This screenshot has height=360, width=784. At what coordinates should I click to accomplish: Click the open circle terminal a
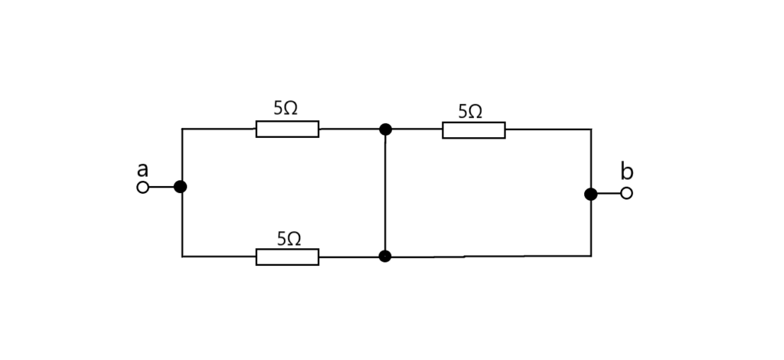pyautogui.click(x=143, y=188)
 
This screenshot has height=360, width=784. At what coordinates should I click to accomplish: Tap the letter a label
pyautogui.click(x=142, y=170)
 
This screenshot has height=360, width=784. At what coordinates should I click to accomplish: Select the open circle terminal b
pyautogui.click(x=626, y=193)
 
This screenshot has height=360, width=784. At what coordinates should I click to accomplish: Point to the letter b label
pyautogui.click(x=626, y=171)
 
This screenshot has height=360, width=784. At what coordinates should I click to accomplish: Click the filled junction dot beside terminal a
pyautogui.click(x=181, y=187)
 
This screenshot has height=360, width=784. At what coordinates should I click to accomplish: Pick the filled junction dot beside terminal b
pyautogui.click(x=591, y=194)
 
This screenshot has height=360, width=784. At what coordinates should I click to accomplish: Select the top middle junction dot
pyautogui.click(x=386, y=129)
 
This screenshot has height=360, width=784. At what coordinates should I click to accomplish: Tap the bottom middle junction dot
pyautogui.click(x=385, y=257)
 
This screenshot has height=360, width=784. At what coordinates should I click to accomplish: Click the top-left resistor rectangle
pyautogui.click(x=288, y=129)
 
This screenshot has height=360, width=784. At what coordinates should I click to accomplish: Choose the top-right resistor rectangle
pyautogui.click(x=473, y=130)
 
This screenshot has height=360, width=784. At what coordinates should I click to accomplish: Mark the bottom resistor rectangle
pyautogui.click(x=288, y=257)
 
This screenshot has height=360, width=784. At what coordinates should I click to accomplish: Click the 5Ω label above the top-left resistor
pyautogui.click(x=286, y=108)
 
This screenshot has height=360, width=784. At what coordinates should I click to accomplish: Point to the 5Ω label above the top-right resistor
pyautogui.click(x=470, y=111)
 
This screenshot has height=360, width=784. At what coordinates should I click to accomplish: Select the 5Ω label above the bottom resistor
pyautogui.click(x=289, y=239)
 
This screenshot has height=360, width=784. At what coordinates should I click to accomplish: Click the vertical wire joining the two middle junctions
pyautogui.click(x=386, y=193)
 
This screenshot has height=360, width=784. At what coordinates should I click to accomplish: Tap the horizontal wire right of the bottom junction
pyautogui.click(x=488, y=257)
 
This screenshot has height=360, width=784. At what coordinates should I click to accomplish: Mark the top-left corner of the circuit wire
pyautogui.click(x=182, y=129)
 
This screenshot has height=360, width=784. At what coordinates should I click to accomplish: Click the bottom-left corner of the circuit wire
pyautogui.click(x=182, y=257)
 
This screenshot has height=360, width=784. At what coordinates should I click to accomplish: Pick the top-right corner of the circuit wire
pyautogui.click(x=591, y=129)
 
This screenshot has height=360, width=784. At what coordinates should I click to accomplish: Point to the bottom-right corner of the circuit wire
pyautogui.click(x=591, y=256)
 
